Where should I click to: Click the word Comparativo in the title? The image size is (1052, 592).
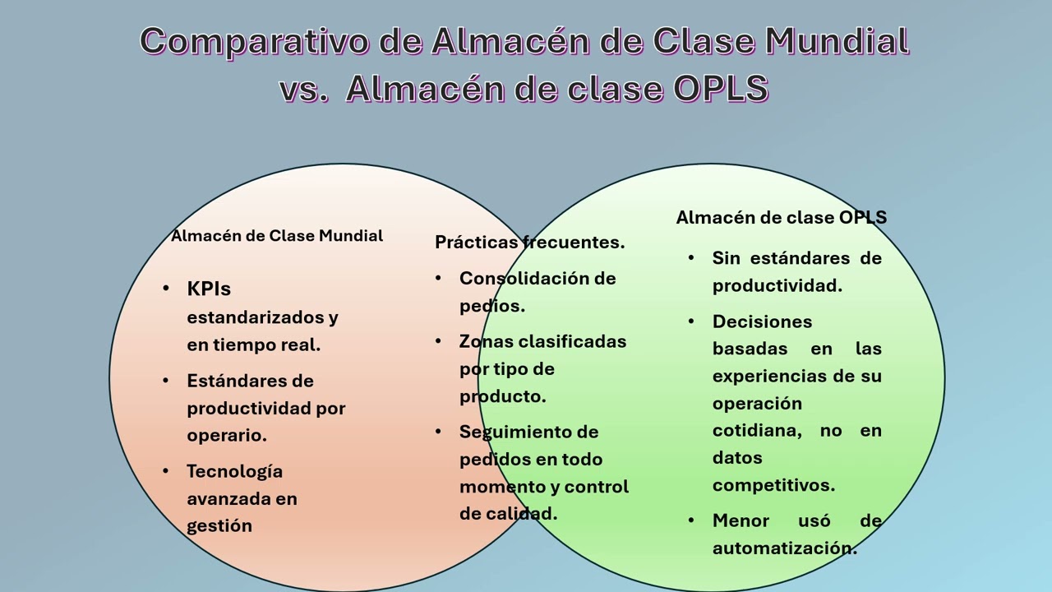(x=252, y=41)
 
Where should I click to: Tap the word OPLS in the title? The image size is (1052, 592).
(x=720, y=89)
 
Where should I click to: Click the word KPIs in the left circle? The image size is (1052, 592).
(x=209, y=289)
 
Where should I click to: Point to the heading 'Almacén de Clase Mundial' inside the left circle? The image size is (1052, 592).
(x=277, y=236)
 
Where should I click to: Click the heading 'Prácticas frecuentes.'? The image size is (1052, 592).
(x=529, y=242)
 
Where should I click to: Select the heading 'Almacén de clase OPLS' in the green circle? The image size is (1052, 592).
(x=781, y=217)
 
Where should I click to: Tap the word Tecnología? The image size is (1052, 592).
(x=234, y=471)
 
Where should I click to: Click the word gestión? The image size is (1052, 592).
(x=219, y=525)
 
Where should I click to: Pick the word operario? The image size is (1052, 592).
(x=227, y=435)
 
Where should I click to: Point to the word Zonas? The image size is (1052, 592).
(x=485, y=341)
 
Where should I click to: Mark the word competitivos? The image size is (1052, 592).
(x=773, y=484)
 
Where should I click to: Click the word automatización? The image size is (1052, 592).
(x=784, y=548)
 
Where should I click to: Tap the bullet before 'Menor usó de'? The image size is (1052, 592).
(x=692, y=520)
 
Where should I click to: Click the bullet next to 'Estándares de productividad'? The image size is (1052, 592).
(x=166, y=381)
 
